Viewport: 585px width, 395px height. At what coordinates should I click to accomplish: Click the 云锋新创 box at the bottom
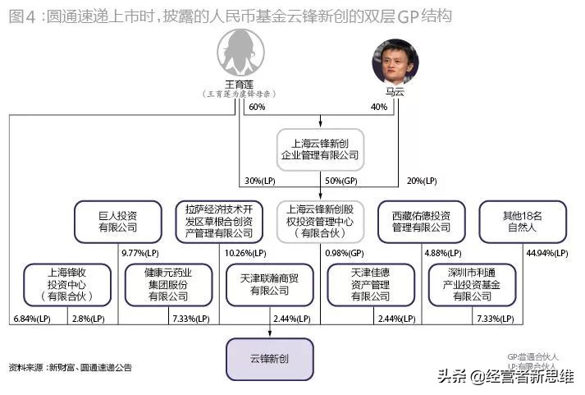pos(270,359)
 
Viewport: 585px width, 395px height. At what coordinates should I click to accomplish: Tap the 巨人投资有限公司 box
pos(118,221)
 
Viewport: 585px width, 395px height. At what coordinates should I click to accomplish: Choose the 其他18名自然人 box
pos(522,221)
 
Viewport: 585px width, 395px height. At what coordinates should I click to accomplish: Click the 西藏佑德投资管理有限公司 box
pos(421,221)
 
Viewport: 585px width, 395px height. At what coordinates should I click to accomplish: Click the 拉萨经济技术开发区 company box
pos(220,221)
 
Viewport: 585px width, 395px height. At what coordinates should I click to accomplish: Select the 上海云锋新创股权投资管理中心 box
pos(320,221)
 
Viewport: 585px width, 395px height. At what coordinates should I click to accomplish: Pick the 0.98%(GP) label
pos(345,252)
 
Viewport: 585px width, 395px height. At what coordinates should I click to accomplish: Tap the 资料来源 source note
pos(71,367)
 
